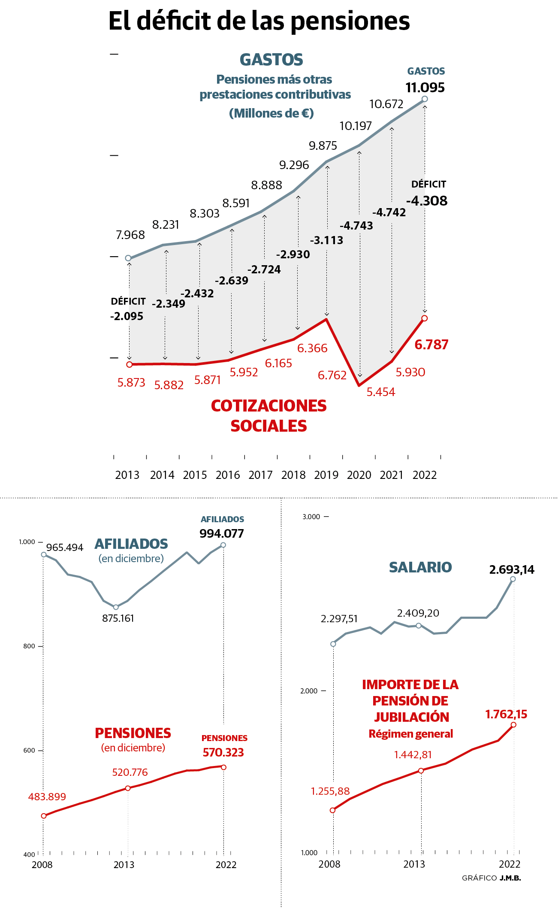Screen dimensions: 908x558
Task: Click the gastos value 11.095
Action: tap(425, 88)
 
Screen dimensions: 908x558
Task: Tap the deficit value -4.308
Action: tap(427, 201)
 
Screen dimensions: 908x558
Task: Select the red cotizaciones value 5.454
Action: tap(380, 392)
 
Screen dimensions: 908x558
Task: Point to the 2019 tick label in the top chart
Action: tap(326, 475)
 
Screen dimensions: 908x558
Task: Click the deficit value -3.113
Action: tap(326, 240)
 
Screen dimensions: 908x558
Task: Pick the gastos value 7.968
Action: tap(130, 235)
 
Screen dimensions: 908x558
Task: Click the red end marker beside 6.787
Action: tap(425, 318)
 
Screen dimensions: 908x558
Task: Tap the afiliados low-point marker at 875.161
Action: tap(116, 607)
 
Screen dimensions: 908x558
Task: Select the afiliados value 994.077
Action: tap(221, 533)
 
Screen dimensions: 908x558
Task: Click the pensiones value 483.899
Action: tap(47, 797)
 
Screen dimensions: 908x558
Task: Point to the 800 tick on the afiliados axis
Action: tap(29, 646)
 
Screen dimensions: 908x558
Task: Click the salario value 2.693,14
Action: tap(512, 570)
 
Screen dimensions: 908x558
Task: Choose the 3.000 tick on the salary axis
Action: tap(311, 517)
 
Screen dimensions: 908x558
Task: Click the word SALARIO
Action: tap(420, 567)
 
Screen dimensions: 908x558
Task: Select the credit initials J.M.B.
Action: tap(510, 878)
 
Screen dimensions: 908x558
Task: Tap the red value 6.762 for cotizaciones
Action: tap(332, 375)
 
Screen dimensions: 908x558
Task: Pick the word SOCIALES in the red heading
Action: tap(268, 426)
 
